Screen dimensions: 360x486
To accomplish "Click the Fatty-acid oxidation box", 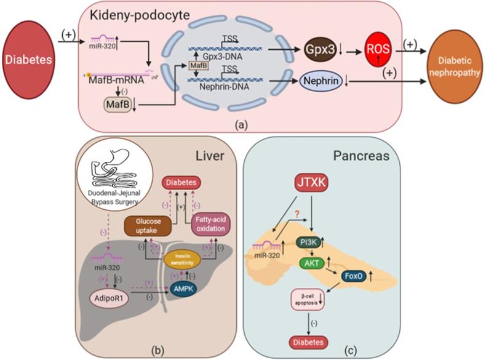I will coord(207,226).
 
